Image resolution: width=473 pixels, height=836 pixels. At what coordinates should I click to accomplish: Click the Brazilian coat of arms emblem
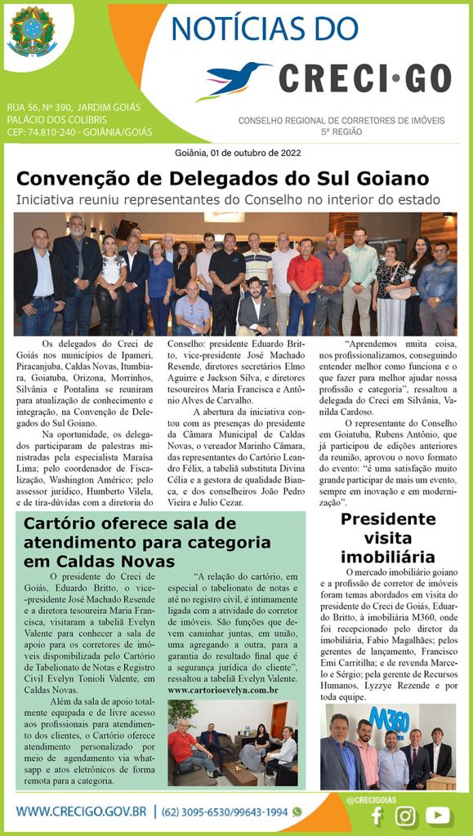click(x=33, y=32)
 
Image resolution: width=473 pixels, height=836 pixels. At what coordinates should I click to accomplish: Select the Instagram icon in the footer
click(x=405, y=815)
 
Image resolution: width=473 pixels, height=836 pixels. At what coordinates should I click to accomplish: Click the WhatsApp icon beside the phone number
click(x=297, y=812)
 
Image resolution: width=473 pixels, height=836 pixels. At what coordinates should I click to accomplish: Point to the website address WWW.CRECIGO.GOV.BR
click(x=81, y=812)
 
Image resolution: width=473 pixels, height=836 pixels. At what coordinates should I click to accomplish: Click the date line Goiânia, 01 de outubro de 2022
click(x=236, y=153)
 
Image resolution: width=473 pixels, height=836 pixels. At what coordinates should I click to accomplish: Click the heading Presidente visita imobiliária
click(x=387, y=538)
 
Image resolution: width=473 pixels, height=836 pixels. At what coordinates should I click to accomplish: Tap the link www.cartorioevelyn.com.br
click(x=223, y=690)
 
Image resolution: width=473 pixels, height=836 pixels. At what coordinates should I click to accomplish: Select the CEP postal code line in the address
click(x=79, y=131)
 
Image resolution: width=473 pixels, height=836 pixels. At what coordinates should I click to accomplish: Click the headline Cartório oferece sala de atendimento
click(x=147, y=542)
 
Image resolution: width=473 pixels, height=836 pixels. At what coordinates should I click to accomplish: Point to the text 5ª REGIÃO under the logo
click(x=341, y=131)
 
